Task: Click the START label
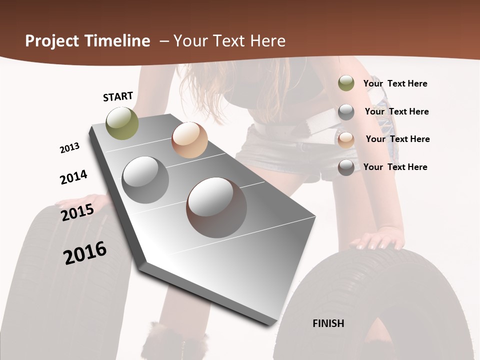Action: point(118,96)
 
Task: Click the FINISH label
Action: point(328,323)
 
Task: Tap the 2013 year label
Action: point(69,148)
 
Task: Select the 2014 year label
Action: point(73,177)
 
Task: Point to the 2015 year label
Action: point(77,212)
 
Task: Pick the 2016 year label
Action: point(85,252)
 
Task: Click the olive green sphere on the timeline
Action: point(122,123)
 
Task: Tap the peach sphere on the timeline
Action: point(189,140)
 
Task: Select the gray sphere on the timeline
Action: point(145,180)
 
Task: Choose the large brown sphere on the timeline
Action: point(216,207)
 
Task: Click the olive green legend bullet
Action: point(346,83)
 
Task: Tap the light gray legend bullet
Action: point(346,112)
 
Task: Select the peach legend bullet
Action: point(346,139)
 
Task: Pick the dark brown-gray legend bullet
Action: point(346,167)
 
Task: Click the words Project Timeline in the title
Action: point(87,41)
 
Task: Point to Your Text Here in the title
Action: point(229,41)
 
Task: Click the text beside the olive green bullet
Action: point(395,83)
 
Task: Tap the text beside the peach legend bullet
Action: point(397,139)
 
